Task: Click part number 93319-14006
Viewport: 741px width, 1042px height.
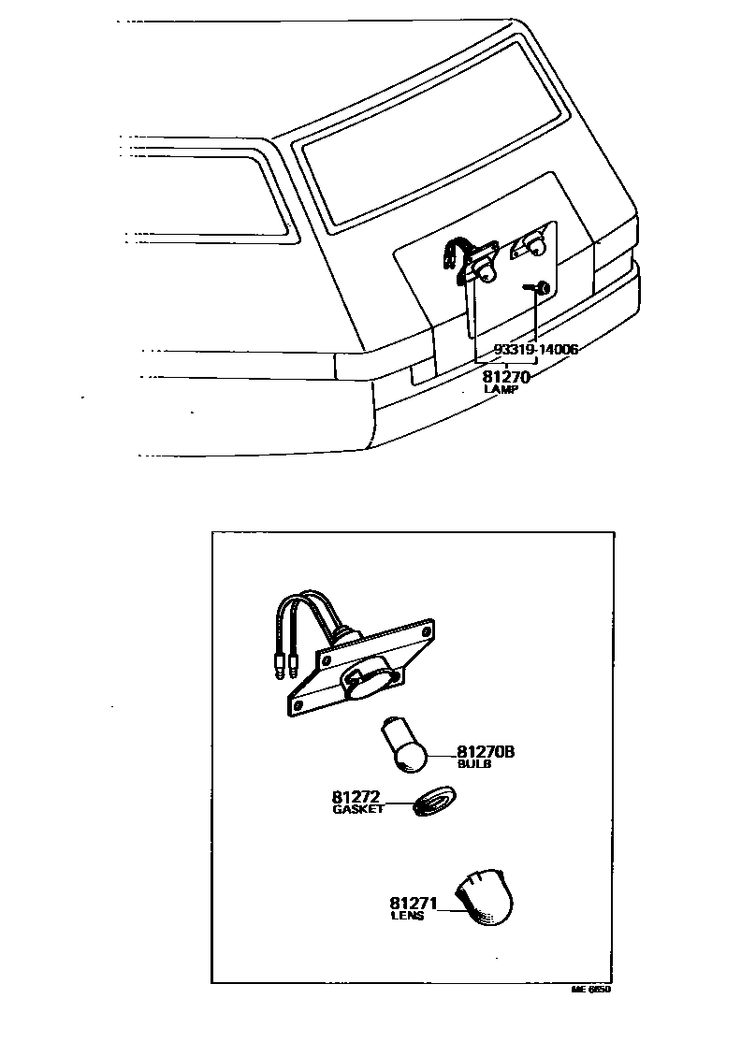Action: (x=535, y=350)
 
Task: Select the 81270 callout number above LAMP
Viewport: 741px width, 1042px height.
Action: (x=506, y=378)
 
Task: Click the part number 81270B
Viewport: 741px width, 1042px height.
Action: (x=487, y=751)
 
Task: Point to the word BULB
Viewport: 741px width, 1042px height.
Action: (x=473, y=764)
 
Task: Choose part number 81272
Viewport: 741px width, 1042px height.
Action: (x=355, y=798)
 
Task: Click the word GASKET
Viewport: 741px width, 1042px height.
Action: (x=357, y=810)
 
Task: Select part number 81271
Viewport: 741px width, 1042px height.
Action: (x=413, y=904)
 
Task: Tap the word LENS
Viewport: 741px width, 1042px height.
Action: (x=407, y=917)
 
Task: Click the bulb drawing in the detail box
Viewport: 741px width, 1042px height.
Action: (x=405, y=745)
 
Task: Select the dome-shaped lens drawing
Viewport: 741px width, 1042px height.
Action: (x=487, y=898)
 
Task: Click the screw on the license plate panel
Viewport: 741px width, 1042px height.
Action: (x=540, y=287)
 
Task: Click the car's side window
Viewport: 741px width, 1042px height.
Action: (x=201, y=196)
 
